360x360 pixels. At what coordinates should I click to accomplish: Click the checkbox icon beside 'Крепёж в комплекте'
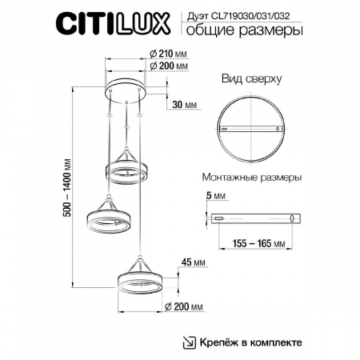point(190,342)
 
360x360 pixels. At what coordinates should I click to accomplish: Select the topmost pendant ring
point(126,170)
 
